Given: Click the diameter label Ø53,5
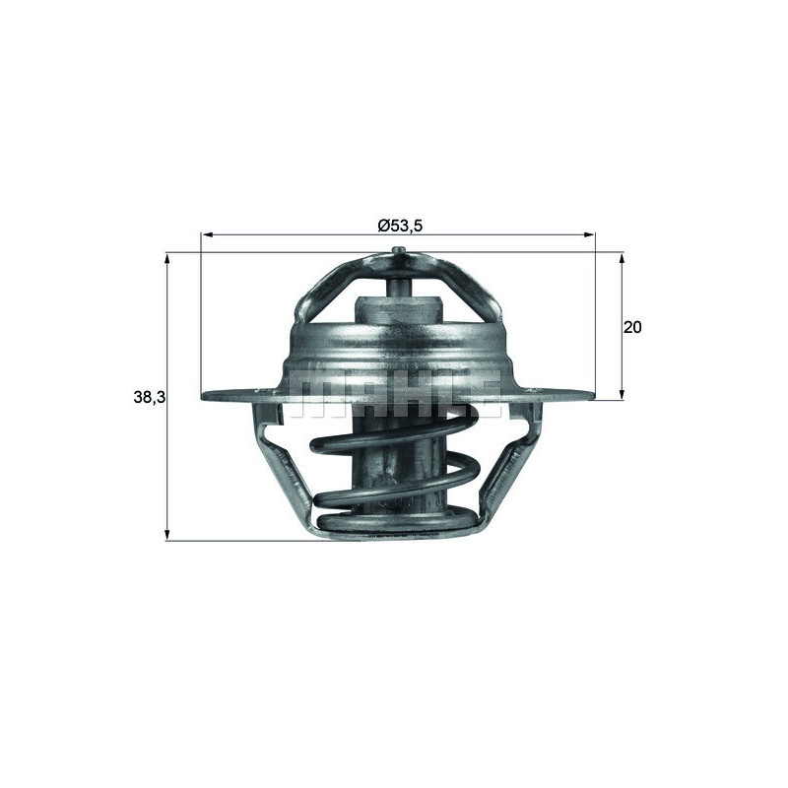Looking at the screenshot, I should click(400, 226).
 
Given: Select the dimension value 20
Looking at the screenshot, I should click(632, 327).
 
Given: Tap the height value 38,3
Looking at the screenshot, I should click(148, 397).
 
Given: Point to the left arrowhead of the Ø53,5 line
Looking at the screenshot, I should click(206, 235).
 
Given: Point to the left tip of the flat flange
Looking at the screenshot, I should click(205, 397).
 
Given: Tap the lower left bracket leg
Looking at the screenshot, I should click(286, 473).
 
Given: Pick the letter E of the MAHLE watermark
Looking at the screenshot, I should click(480, 392).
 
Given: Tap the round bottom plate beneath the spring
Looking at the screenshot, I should click(399, 524).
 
